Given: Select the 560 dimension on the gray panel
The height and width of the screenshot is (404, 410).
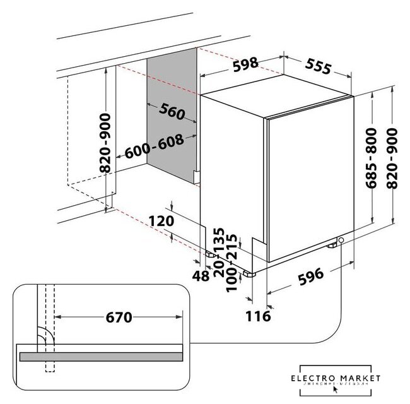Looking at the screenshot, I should point(172,111).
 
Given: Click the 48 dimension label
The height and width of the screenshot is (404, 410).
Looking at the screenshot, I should point(201,275).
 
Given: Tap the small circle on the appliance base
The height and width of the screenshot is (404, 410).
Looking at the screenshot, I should point(341,241).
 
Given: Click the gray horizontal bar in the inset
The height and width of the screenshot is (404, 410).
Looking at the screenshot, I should point(101,357).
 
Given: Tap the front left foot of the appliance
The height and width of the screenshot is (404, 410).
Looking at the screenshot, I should point(248,275).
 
